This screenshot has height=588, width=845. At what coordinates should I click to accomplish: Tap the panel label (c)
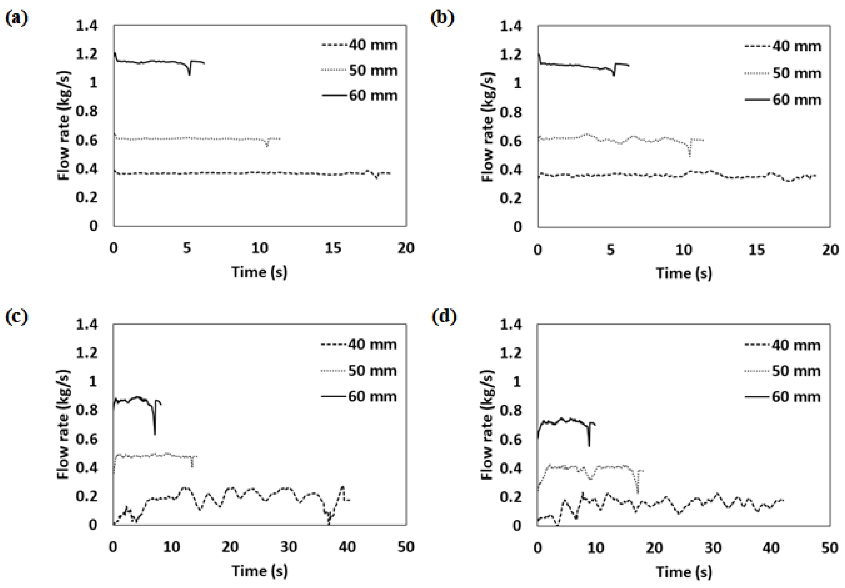pos(17,317)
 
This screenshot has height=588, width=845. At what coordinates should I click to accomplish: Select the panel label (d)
pos(444,317)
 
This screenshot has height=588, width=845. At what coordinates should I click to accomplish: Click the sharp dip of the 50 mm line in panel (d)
pos(637,491)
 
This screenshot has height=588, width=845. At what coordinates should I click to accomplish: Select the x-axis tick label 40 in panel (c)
pos(347,547)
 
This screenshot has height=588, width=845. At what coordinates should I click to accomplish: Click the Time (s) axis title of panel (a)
pos(260,272)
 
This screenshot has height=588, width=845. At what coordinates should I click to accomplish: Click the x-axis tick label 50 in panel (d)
pos(830,548)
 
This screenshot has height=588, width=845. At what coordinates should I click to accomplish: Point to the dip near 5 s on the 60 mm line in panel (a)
pos(190,74)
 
